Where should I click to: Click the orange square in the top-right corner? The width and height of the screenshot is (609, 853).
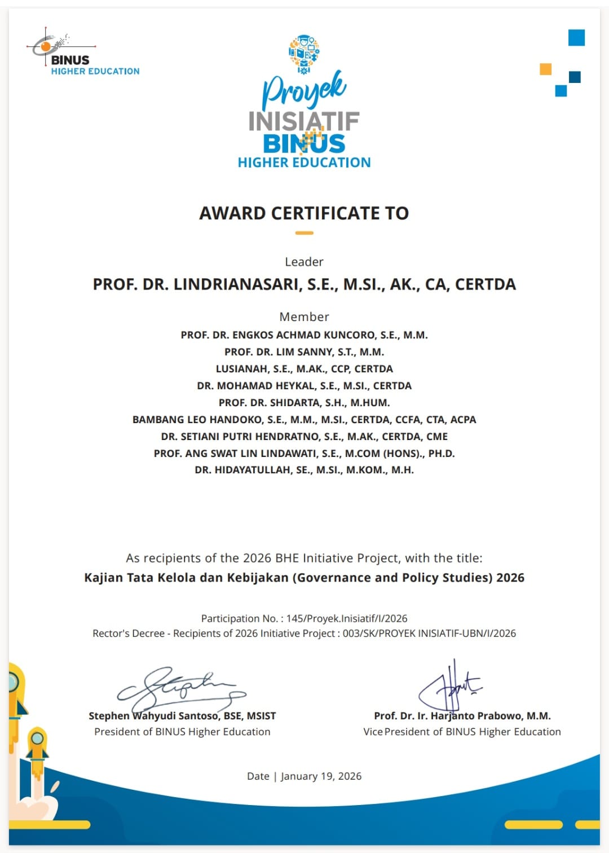[x=545, y=69]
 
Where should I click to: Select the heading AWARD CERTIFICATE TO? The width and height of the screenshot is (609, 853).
[x=304, y=213]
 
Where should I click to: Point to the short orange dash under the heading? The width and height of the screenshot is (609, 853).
[x=304, y=232]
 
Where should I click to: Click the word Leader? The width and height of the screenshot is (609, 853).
[x=304, y=262]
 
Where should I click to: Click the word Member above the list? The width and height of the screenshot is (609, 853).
[x=304, y=316]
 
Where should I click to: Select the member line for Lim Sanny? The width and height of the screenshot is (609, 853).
[x=304, y=352]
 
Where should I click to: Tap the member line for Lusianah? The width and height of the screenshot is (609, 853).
[x=304, y=369]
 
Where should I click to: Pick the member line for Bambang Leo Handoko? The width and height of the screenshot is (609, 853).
[x=304, y=420]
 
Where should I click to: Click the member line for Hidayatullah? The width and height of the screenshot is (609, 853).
[x=304, y=470]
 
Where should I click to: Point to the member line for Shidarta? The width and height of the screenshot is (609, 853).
[x=304, y=403]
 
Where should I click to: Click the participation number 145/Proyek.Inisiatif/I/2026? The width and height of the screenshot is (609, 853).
[x=347, y=618]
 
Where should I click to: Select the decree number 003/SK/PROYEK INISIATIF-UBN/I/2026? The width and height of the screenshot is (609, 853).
[x=429, y=634]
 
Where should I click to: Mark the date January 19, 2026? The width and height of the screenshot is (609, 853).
[x=321, y=776]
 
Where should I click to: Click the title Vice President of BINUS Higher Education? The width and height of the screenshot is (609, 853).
[x=462, y=732]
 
